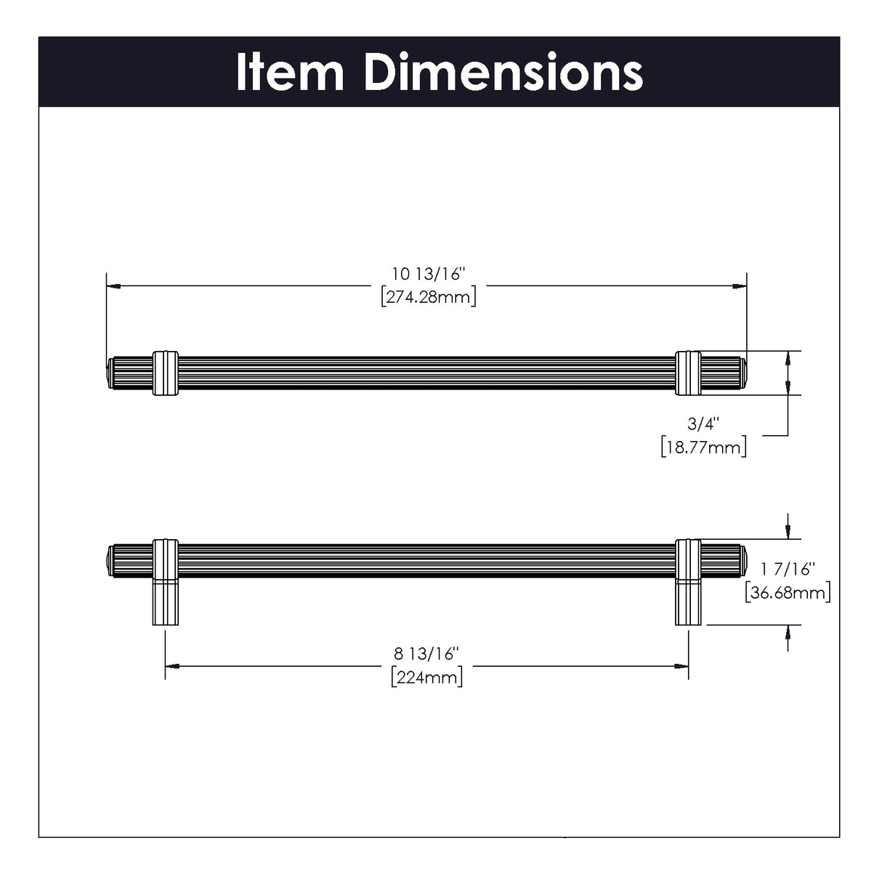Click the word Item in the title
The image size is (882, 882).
pos(290,73)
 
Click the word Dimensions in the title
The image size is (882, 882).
pos(504,73)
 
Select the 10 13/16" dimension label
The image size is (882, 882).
pos(428,274)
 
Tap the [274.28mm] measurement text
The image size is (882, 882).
pos(429,297)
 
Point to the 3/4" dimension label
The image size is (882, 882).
pos(703,424)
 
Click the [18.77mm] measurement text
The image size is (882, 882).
pos(703,448)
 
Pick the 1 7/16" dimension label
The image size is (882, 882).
pos(788,569)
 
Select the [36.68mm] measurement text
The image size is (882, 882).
pos(788,593)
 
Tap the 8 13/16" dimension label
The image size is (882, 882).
pos(426,654)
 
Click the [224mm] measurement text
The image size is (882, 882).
pos(427,677)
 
